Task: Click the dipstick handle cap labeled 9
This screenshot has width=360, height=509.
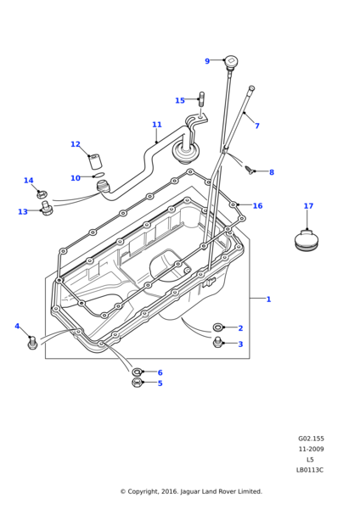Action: pos(231,61)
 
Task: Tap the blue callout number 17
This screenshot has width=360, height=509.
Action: pos(308,206)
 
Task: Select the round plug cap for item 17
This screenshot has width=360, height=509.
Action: pos(306,241)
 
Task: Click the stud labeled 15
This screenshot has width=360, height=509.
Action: pos(201,99)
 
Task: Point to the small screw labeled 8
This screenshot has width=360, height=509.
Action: pos(249,170)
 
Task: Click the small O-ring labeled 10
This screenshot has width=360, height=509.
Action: pos(98,176)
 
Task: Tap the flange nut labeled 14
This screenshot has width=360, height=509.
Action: pos(42,195)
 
